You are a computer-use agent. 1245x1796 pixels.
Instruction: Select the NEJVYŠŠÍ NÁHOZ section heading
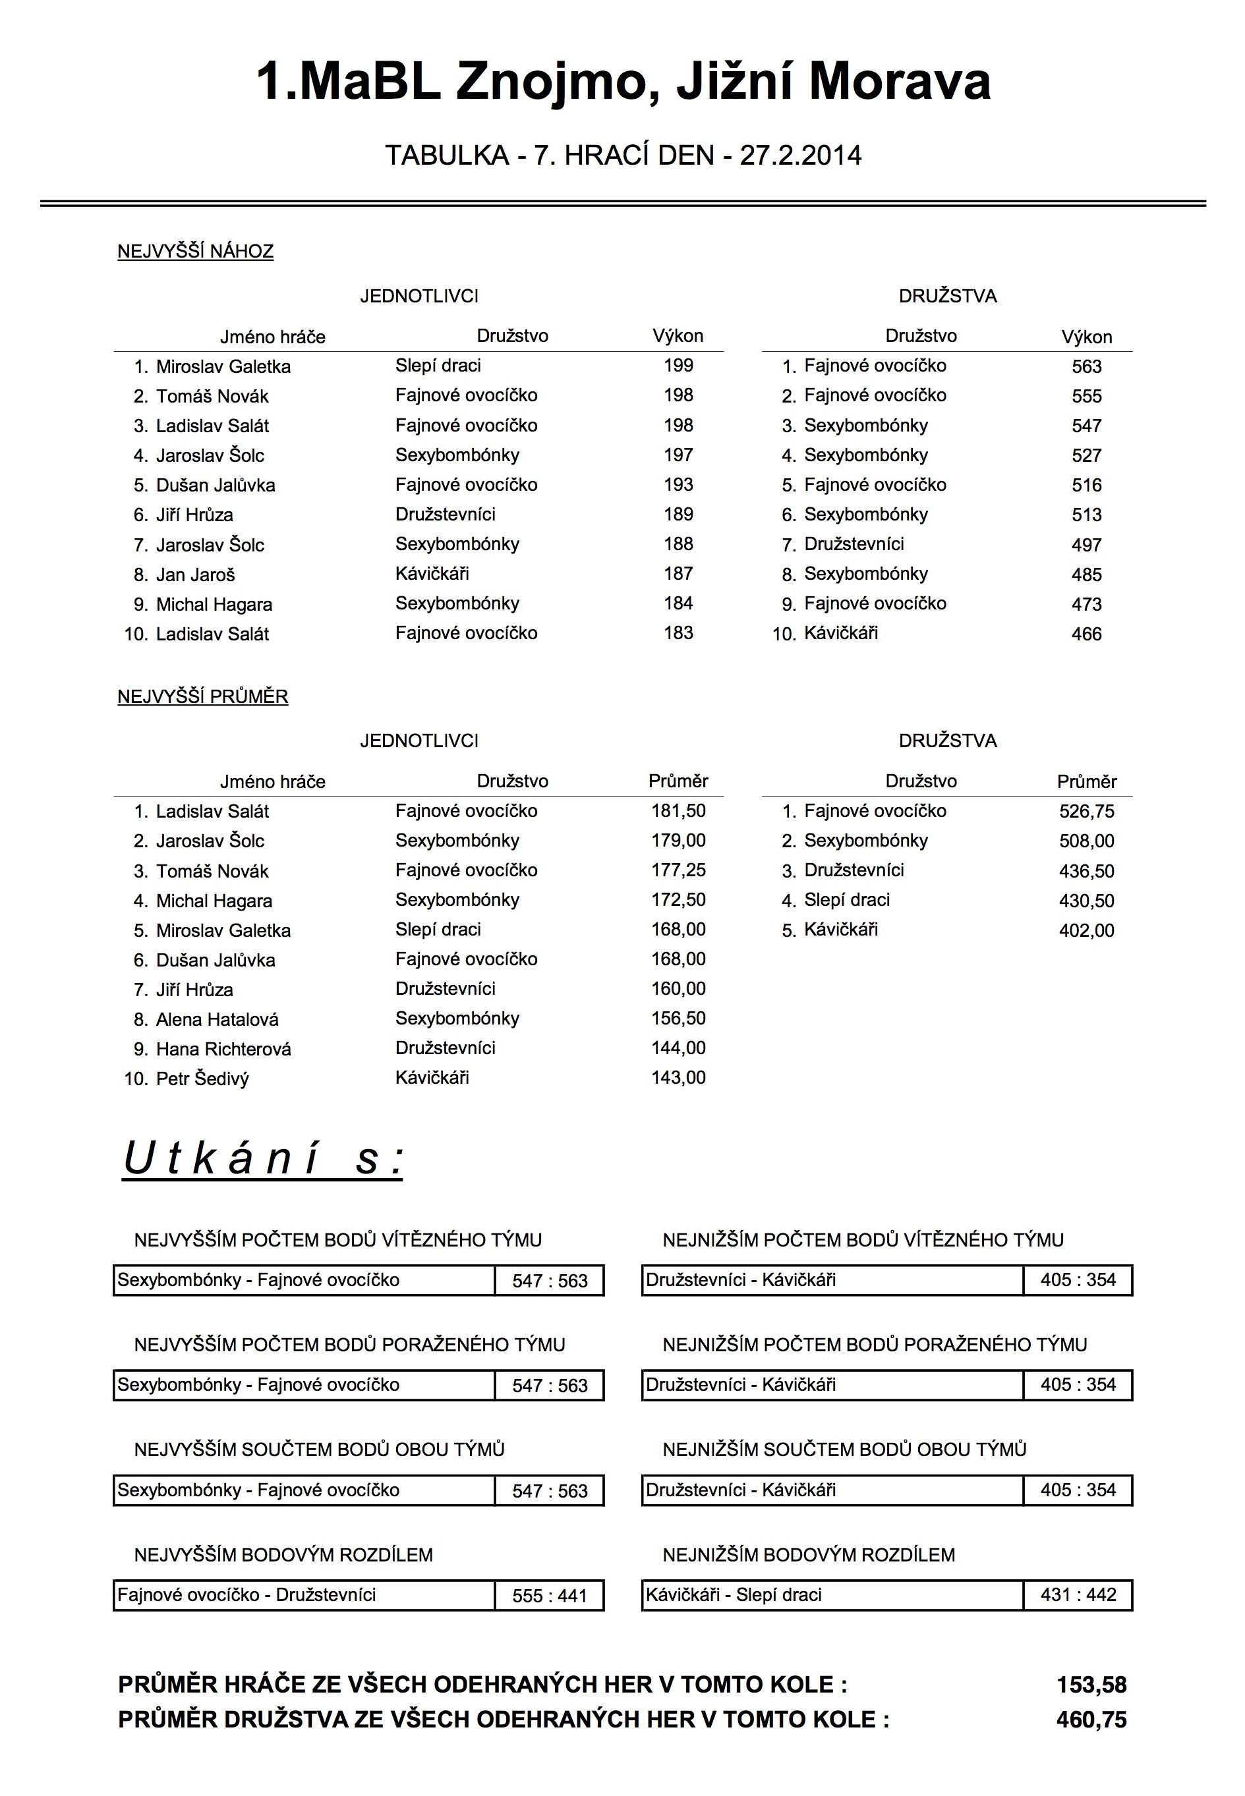coord(195,252)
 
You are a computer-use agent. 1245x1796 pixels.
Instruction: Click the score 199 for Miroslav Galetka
coord(678,366)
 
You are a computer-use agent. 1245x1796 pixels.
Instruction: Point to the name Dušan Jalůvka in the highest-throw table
coord(216,485)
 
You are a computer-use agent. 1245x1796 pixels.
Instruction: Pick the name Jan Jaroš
coord(195,575)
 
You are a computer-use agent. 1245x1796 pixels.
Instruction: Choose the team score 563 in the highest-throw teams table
coord(1086,366)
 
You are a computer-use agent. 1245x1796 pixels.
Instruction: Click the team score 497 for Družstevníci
coord(1086,545)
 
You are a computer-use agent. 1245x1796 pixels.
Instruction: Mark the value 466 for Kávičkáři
coord(1086,634)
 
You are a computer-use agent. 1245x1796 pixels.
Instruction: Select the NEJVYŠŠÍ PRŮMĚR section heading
coord(203,696)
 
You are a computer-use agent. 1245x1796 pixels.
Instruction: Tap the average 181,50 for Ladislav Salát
coord(678,811)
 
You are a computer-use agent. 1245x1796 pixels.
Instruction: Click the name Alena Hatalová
coord(217,1019)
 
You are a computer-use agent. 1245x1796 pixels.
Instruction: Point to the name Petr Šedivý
coord(202,1079)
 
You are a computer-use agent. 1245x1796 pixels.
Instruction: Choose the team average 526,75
coord(1086,812)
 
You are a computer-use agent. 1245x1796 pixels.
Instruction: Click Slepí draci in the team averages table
coord(846,900)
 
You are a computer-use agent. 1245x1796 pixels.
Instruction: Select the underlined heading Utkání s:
coord(263,1159)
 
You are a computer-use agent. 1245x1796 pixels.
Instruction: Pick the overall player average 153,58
coord(1091,1685)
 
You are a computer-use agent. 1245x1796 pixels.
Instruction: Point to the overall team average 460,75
coord(1091,1720)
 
